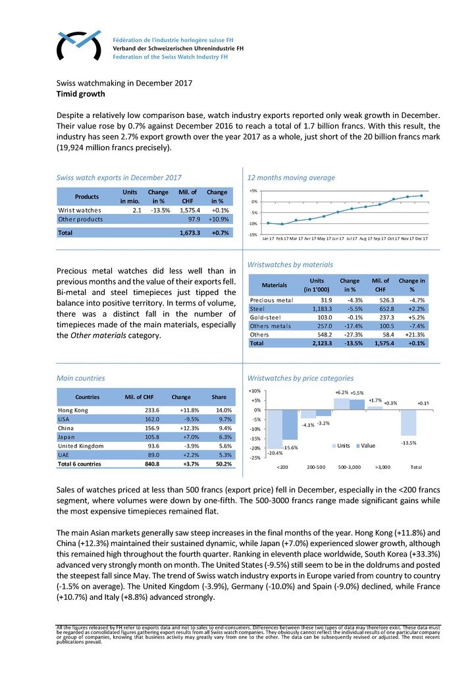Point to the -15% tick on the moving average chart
click(253, 234)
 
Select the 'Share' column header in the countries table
click(219, 397)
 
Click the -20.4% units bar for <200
click(275, 428)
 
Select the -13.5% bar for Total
click(408, 422)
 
